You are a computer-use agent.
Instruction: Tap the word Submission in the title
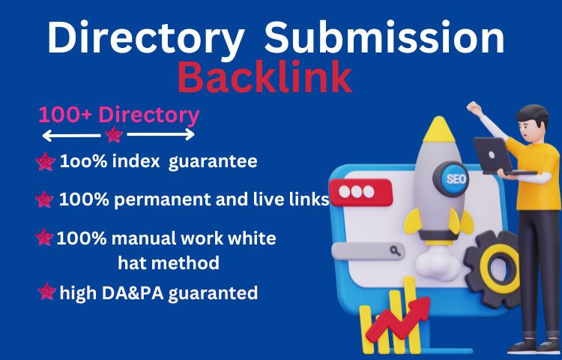point(384,39)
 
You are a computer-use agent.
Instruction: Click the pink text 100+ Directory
point(119,115)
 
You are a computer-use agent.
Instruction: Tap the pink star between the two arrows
point(114,135)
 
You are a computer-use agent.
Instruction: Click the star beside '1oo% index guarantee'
point(46,161)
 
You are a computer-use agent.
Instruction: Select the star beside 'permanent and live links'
point(45,200)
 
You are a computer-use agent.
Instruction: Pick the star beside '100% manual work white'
point(45,238)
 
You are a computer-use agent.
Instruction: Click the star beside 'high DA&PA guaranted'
point(47,292)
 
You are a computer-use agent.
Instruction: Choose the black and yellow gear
point(496,262)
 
